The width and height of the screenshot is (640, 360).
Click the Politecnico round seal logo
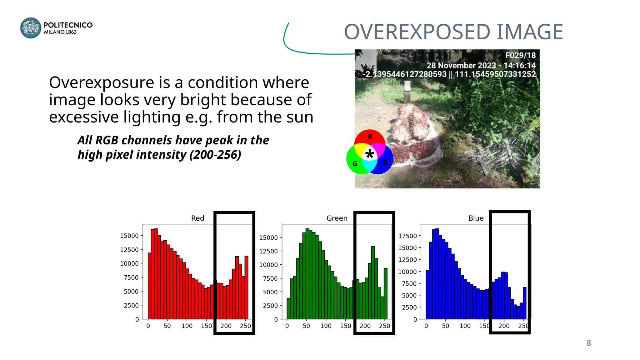[x=31, y=28]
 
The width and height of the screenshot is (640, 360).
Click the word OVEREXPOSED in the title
[x=417, y=32]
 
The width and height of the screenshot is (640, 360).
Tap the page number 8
[x=589, y=343]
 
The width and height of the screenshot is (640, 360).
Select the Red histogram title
[x=197, y=218]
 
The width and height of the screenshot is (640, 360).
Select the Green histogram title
[x=337, y=218]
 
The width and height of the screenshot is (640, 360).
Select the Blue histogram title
[x=476, y=218]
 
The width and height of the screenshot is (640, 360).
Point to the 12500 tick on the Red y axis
[x=129, y=250]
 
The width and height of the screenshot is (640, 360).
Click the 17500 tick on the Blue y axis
[x=407, y=236]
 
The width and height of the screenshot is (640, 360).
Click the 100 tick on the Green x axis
[x=326, y=326]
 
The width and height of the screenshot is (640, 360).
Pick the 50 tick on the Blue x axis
[x=445, y=326]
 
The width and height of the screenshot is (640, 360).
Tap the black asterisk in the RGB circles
[x=370, y=154]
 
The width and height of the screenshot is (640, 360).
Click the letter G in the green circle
[x=355, y=164]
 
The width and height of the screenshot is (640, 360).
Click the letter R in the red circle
[x=370, y=137]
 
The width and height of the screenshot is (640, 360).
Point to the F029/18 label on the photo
[x=520, y=55]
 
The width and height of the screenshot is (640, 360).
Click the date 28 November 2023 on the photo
[x=461, y=65]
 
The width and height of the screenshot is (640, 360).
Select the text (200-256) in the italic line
[x=215, y=155]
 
